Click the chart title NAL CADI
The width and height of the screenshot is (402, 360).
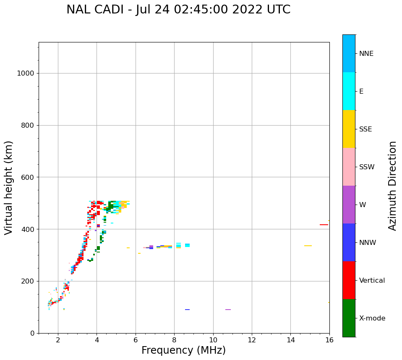pos(178,10)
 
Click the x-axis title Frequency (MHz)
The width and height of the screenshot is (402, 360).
pos(183,350)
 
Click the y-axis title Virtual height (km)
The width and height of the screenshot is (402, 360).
pos(9,188)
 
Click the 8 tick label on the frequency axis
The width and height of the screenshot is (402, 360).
pos(174,339)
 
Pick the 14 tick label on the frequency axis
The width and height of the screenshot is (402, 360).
pos(290,339)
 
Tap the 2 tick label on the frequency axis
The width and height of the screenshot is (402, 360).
pos(58,339)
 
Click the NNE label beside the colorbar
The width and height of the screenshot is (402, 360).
pos(366,54)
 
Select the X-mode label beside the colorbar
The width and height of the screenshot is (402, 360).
pos(372,318)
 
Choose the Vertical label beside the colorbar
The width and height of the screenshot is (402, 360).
pos(372,281)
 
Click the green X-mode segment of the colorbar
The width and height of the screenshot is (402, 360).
pos(349,318)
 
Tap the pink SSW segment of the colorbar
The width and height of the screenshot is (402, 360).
pos(349,167)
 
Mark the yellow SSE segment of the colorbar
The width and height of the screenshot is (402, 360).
pos(349,129)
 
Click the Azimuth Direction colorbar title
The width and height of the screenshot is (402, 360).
pos(393,186)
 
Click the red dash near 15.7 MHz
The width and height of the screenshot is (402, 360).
pos(324,225)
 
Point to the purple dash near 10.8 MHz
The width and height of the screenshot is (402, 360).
pos(228,310)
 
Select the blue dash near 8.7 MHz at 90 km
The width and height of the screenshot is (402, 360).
pos(187,310)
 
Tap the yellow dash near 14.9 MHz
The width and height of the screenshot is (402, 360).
pos(308,246)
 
